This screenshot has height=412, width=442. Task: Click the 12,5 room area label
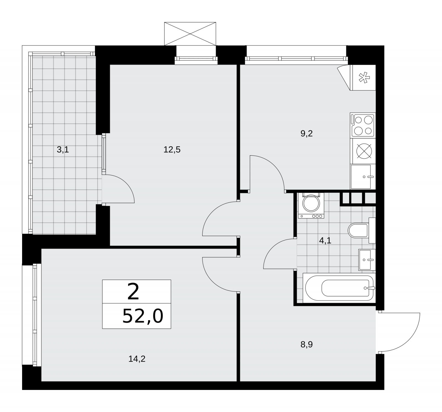coord(172,150)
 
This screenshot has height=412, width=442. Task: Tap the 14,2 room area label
coord(137,359)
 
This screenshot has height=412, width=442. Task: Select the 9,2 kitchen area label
coord(306,133)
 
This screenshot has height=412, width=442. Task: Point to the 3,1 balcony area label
coord(63,150)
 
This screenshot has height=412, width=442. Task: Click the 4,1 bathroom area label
coord(325,240)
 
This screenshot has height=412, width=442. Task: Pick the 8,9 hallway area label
coord(306,344)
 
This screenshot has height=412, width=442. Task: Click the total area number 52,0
coord(143,316)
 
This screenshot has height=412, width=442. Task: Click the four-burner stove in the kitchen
coord(363,125)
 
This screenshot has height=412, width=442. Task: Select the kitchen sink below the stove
coord(363,176)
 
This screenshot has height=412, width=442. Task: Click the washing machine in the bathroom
coord(311,205)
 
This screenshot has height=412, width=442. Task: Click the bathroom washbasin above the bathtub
coord(367,259)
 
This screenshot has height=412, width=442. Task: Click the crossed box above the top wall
coord(190,34)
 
